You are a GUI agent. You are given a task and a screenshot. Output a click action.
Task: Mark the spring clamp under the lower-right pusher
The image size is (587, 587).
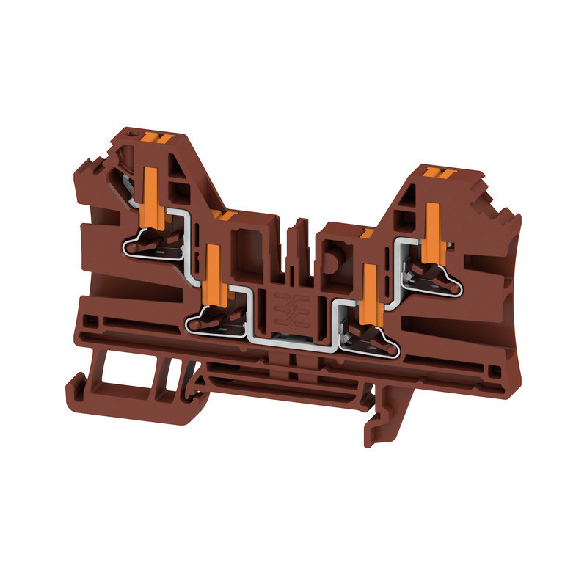pyautogui.click(x=367, y=337)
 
